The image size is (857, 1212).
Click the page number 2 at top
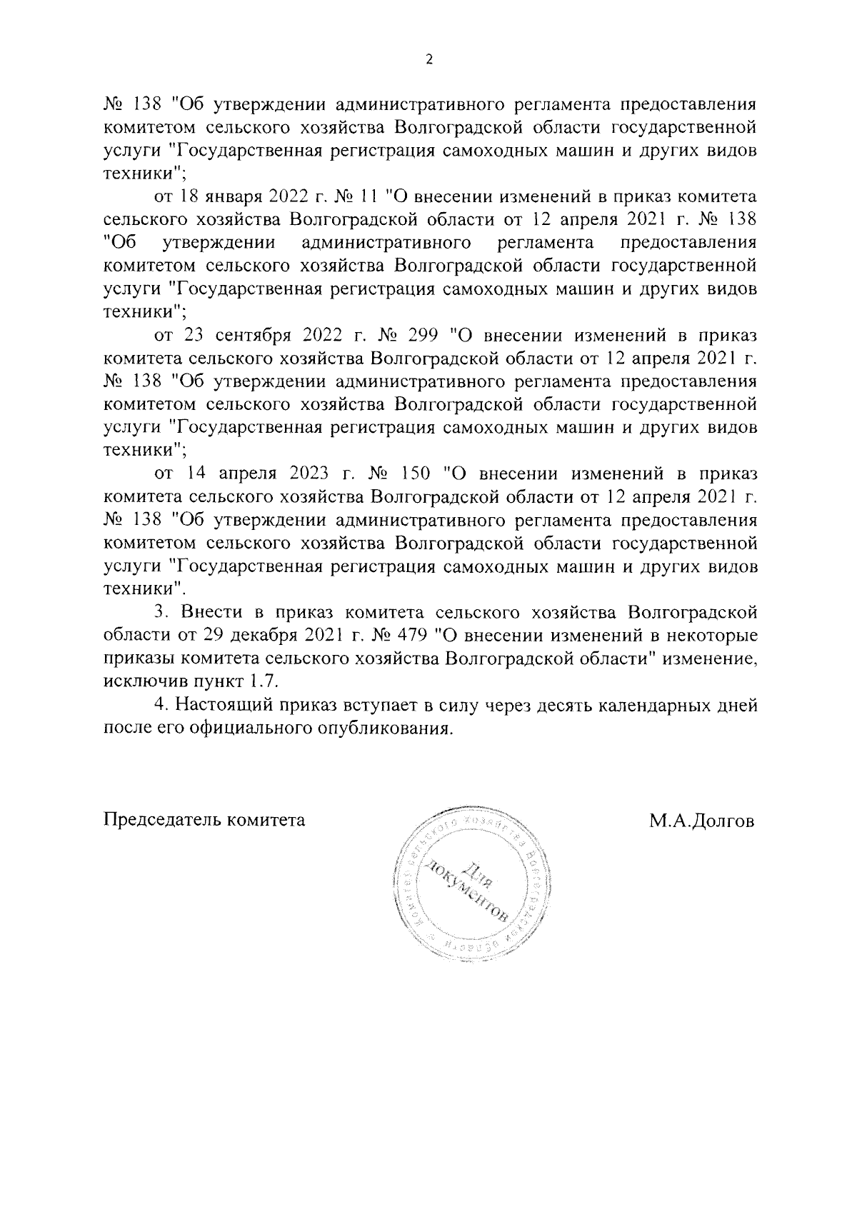tap(428, 60)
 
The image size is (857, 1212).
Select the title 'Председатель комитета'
tap(205, 820)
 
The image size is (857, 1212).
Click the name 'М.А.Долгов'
tap(701, 820)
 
